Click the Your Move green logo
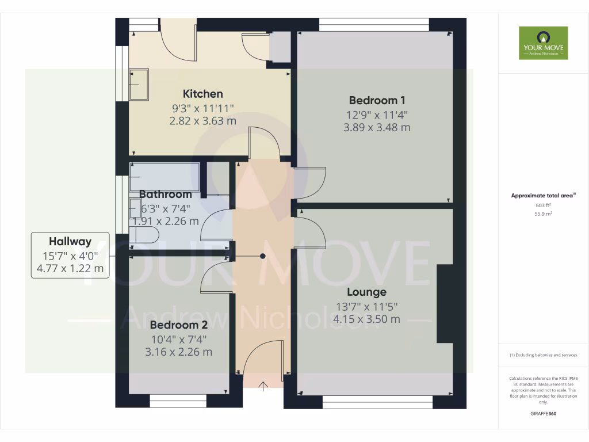coord(543,43)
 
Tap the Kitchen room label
coord(202,94)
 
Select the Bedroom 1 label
coord(376,100)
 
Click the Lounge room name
coord(366,292)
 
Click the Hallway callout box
coord(70,255)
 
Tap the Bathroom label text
coord(165,195)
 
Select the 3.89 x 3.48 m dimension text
coord(377,128)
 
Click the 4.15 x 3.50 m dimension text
coord(366,319)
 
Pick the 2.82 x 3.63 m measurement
coord(202,121)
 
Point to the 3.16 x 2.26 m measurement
coord(178,352)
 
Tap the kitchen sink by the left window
coord(139,85)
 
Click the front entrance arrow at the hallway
coord(263,386)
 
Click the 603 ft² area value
coord(543,205)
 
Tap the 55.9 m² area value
coord(543,214)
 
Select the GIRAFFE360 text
coord(543,414)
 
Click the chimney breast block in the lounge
coord(445,303)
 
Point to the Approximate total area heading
coord(543,196)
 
